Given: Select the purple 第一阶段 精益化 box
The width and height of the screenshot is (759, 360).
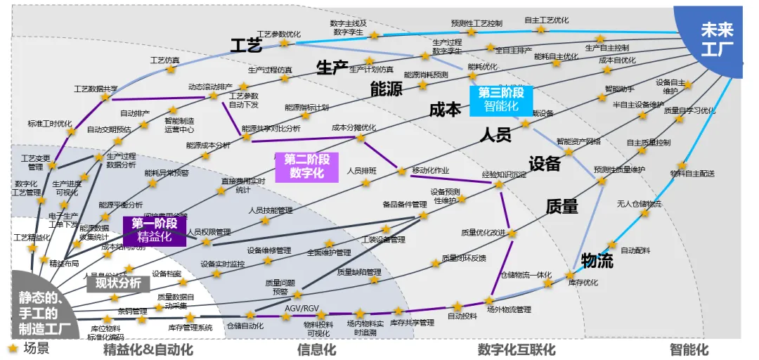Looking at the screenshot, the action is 155,230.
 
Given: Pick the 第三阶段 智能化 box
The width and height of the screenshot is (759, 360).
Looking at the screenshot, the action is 501,99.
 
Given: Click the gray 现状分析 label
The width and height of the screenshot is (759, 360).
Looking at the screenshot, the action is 114,283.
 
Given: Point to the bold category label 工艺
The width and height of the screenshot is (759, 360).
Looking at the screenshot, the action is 246,46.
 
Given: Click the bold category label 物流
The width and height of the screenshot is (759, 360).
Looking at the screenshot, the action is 597,261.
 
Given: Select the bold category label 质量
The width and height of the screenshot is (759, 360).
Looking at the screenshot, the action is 562,206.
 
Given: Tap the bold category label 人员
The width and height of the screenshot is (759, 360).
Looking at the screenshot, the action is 495,135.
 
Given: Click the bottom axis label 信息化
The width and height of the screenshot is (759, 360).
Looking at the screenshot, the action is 316,349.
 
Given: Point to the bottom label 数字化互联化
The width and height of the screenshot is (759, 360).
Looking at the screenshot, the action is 517,349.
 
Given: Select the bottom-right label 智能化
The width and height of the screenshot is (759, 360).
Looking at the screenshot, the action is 689,349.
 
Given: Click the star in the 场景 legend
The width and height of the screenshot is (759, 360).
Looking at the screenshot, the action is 12,348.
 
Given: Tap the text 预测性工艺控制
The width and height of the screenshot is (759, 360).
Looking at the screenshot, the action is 476,22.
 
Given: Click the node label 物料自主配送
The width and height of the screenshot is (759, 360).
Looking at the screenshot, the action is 692,173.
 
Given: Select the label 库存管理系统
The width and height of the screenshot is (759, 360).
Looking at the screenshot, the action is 190,327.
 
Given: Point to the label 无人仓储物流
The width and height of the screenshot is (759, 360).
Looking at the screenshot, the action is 639,204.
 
